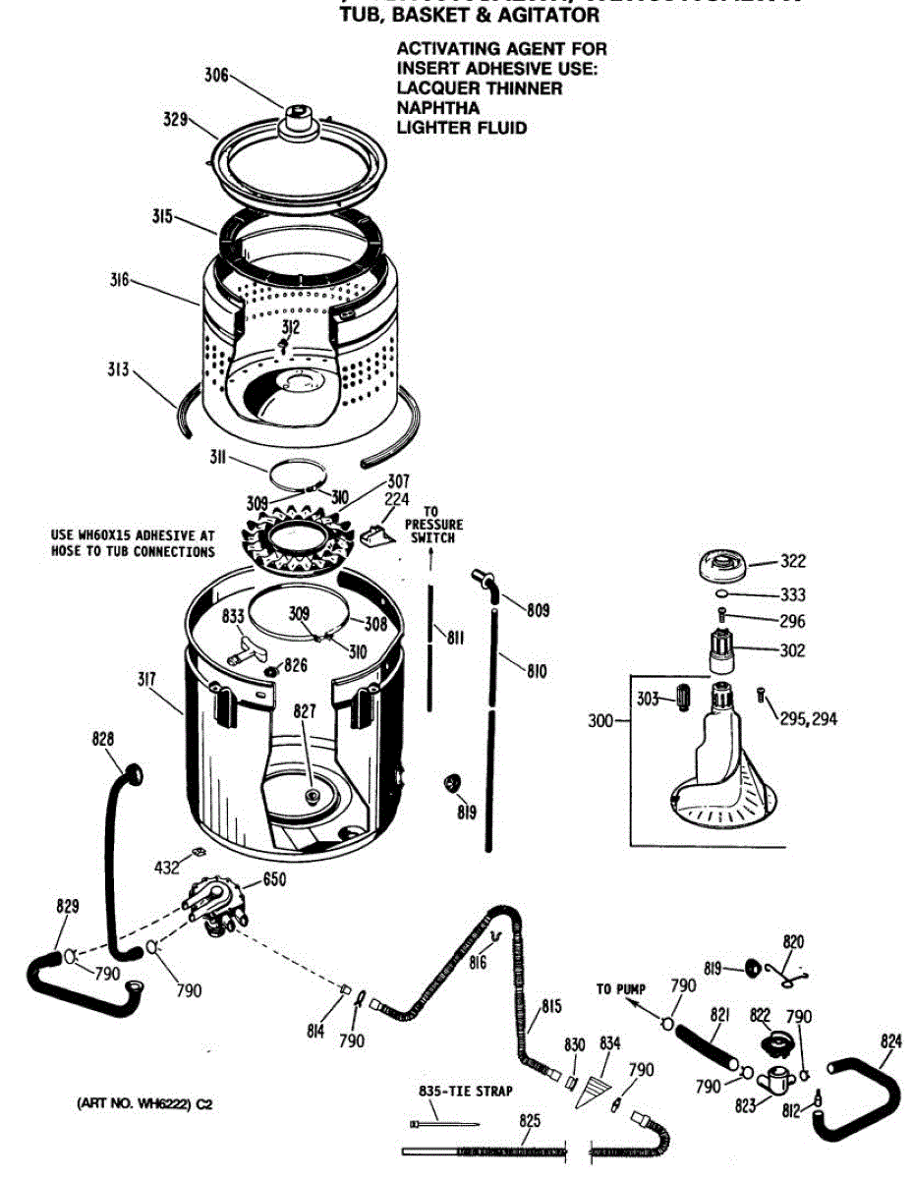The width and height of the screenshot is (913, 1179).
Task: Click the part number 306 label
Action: point(216,75)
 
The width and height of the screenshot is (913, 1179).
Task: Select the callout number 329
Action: point(175,120)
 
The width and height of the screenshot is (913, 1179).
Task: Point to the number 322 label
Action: point(792,561)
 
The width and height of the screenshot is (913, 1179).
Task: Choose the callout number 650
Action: point(273,880)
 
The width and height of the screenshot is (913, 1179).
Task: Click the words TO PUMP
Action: point(620,988)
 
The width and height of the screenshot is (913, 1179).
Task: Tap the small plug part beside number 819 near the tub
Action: point(455,781)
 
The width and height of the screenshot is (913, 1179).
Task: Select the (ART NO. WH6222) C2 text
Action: point(144,1103)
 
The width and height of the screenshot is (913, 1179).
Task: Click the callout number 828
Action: point(102,739)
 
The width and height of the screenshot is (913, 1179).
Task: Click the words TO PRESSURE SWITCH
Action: point(433,526)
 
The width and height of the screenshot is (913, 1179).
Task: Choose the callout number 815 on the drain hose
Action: point(550,1006)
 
